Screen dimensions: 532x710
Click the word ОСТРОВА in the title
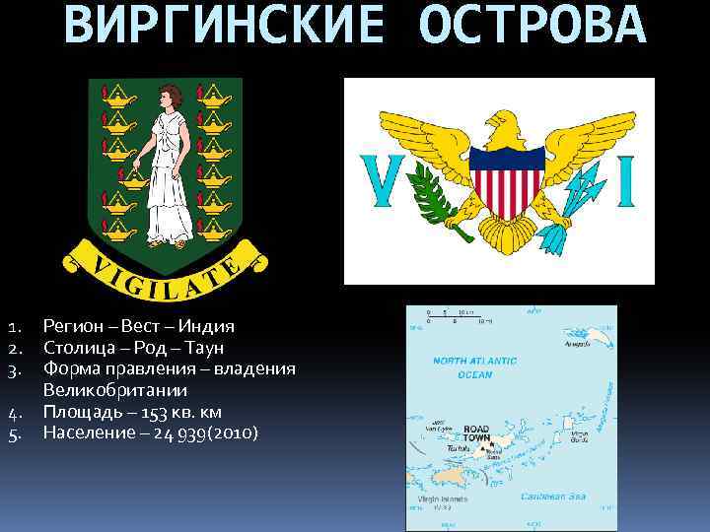click(532, 27)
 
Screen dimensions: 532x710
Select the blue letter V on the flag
click(380, 180)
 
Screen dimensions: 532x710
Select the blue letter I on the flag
click(625, 180)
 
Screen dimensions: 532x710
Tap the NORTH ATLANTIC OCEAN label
click(461, 367)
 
